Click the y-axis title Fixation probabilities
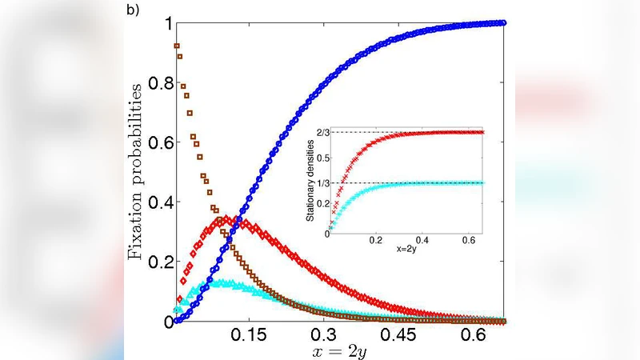138,172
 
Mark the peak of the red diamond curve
226,218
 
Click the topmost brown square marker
177,46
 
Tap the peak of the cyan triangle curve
226,282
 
